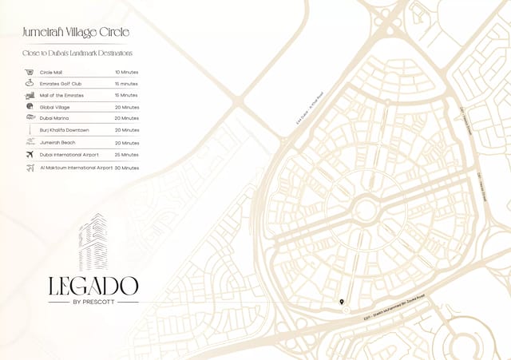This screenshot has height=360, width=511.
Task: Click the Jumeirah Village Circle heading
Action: tap(76, 32)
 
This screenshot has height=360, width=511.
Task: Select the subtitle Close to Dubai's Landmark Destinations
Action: tap(77, 53)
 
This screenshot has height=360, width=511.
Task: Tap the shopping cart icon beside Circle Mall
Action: tap(30, 72)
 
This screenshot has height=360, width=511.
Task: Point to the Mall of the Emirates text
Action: tap(62, 95)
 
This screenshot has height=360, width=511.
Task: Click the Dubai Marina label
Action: tap(55, 118)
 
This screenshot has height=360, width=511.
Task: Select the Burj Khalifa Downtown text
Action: tap(65, 129)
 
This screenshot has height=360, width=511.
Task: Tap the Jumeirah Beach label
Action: tap(57, 142)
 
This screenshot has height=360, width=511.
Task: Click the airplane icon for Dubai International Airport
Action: tap(30, 154)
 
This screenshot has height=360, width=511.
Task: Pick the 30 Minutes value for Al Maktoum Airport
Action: tap(127, 168)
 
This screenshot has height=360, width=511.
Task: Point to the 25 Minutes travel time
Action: tap(127, 155)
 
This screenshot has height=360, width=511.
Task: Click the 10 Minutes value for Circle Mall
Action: tap(127, 72)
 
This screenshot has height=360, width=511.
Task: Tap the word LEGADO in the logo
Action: tap(93, 285)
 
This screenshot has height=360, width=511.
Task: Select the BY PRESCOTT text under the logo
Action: tap(93, 302)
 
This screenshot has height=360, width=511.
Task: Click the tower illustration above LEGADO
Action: tap(93, 243)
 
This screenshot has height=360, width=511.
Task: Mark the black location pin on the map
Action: tap(342, 303)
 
